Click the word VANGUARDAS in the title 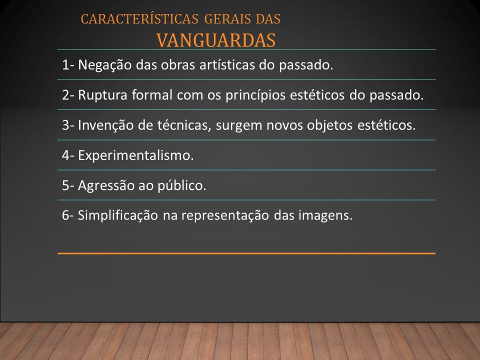click(x=216, y=40)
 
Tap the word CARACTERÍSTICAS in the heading click(x=139, y=18)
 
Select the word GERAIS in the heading click(x=227, y=19)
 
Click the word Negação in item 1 click(x=104, y=65)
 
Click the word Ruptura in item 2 click(x=102, y=95)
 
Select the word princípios click(x=255, y=95)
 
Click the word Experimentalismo click(x=135, y=155)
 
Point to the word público click(x=182, y=185)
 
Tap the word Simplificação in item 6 click(x=118, y=215)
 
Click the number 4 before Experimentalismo click(x=66, y=155)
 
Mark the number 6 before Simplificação click(x=66, y=215)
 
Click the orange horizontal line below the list click(x=246, y=253)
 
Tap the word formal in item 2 click(x=152, y=95)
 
